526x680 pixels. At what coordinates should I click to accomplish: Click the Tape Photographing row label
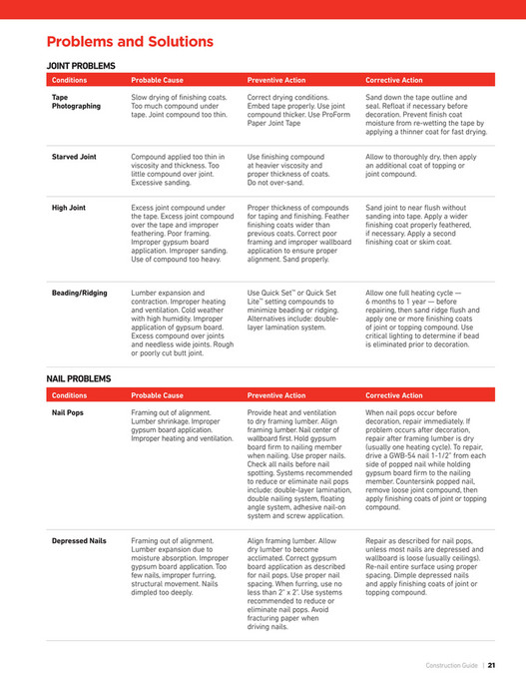point(76,101)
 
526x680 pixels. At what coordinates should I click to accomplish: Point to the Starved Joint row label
point(75,157)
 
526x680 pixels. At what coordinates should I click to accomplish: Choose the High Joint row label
point(69,208)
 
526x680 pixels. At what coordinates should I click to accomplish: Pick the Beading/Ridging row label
point(79,293)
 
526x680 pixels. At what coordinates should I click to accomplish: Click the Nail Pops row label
point(68,411)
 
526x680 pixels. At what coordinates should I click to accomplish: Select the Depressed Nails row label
point(79,540)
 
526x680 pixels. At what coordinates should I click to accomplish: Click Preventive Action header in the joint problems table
point(277,80)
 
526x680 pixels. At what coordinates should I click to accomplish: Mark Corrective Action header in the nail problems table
point(394,394)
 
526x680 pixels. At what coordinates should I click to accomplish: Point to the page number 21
point(492,663)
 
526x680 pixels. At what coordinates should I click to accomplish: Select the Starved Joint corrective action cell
point(424,165)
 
